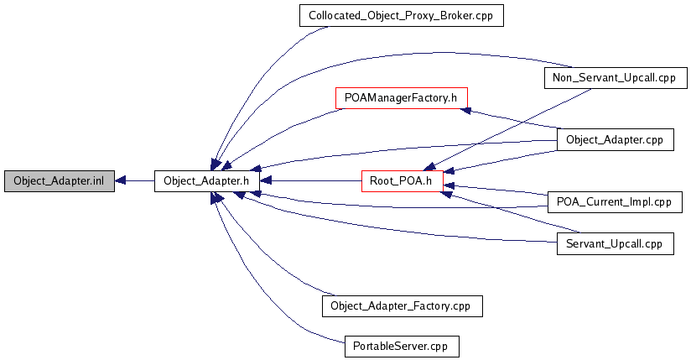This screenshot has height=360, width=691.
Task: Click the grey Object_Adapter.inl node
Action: [x=59, y=181]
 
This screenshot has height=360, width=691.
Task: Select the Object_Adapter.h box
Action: [x=206, y=181]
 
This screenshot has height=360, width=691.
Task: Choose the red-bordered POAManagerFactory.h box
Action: [x=401, y=97]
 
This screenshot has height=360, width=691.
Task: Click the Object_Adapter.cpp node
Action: [x=615, y=139]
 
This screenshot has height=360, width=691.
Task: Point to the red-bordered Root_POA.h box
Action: [x=402, y=181]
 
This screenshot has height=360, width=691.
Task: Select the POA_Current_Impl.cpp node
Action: [x=615, y=201]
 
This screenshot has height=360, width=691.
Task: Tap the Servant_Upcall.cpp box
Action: [x=615, y=244]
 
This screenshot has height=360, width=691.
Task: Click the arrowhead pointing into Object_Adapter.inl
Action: [x=121, y=181]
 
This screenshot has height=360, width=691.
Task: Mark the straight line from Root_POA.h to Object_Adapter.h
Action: [x=310, y=181]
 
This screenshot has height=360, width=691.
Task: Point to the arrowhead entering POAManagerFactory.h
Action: [x=471, y=110]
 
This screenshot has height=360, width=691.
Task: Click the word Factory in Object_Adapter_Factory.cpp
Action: [x=428, y=305]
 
